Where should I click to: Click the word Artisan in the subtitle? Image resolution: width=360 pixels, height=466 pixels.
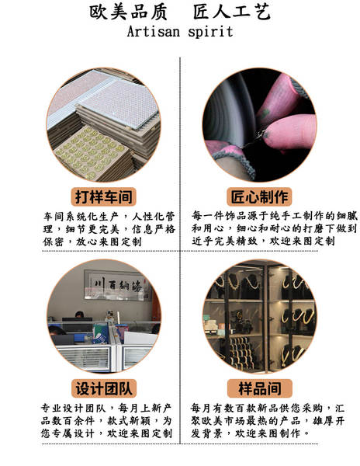point(153,32)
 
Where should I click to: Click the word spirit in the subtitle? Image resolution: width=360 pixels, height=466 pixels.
point(210,32)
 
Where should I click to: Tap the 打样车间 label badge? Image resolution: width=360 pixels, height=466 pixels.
point(103,196)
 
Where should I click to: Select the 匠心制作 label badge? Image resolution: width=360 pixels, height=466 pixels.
point(259,196)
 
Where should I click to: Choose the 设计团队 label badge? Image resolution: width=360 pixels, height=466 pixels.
point(104,388)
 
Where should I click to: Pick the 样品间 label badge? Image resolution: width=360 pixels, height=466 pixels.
point(260,388)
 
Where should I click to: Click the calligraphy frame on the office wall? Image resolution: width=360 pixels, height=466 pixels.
point(116,285)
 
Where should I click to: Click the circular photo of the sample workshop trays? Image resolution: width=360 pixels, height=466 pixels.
point(104,125)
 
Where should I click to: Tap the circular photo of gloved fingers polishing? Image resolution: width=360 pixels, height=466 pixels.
point(260,125)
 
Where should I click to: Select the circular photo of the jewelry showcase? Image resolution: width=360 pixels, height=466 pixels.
point(260,317)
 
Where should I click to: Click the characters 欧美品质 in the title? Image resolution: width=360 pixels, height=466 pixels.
point(128,12)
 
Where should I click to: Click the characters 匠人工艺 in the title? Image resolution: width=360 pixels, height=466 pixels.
point(232,12)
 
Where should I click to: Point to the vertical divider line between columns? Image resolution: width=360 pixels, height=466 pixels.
point(180,251)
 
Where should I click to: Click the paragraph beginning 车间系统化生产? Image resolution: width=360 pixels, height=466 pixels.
point(109,229)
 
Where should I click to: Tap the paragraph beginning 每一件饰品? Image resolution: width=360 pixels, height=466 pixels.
point(275,228)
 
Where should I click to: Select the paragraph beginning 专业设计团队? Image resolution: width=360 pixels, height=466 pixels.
point(106,420)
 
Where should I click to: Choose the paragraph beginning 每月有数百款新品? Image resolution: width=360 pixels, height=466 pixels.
point(268,420)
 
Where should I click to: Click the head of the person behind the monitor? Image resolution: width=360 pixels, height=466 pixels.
point(79,315)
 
